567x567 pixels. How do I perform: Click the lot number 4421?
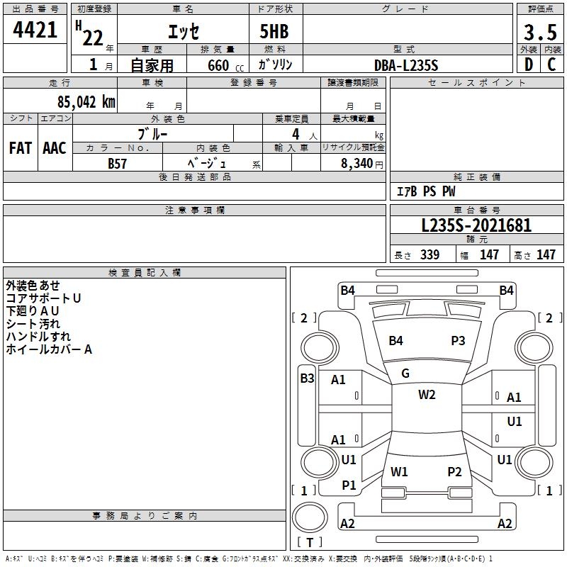(x=35, y=30)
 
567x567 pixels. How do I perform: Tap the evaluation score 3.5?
(x=539, y=32)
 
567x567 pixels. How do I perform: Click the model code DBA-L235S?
(x=406, y=64)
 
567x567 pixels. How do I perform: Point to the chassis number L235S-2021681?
(x=476, y=226)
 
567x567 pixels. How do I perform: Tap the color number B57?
(x=118, y=163)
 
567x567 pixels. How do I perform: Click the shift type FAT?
(x=20, y=148)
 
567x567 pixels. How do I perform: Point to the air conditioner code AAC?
(x=55, y=148)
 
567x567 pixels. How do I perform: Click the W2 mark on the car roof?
(x=427, y=395)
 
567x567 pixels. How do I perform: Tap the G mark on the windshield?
(x=405, y=374)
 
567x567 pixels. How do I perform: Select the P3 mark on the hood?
(x=459, y=341)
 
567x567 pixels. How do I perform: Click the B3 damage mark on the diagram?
(x=307, y=378)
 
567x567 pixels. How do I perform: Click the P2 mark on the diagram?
(x=454, y=472)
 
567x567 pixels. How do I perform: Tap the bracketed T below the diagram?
(x=309, y=543)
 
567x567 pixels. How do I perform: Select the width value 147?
(x=489, y=255)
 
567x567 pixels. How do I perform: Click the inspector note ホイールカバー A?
(x=49, y=349)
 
